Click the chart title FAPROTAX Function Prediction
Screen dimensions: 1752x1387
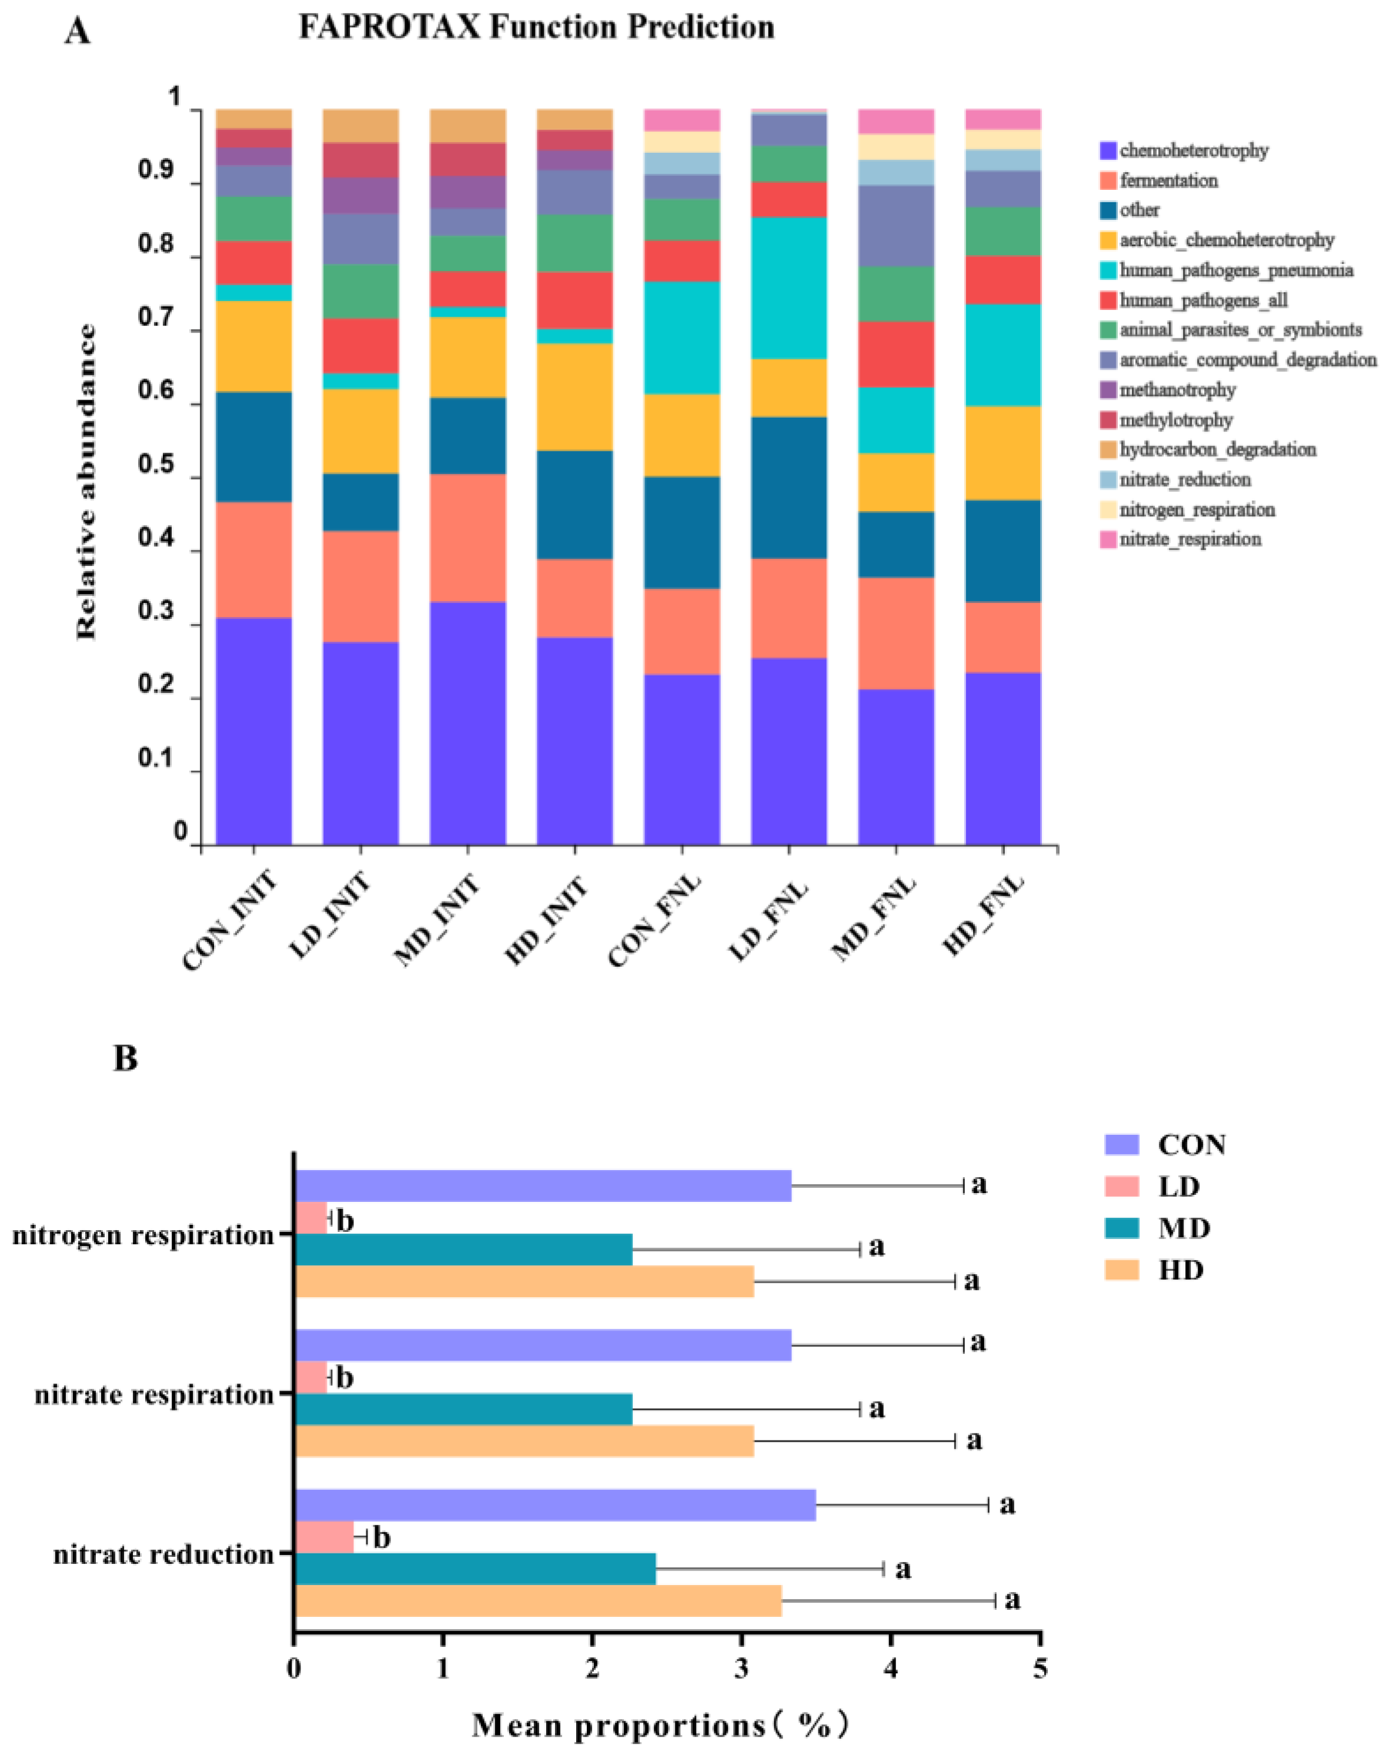pyautogui.click(x=536, y=28)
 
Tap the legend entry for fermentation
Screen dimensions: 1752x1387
pyautogui.click(x=1168, y=180)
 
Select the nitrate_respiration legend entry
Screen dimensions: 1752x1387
pyautogui.click(x=1189, y=539)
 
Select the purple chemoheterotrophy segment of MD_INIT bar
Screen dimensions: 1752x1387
pyautogui.click(x=468, y=722)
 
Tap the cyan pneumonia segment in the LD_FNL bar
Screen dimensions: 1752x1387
pyautogui.click(x=788, y=288)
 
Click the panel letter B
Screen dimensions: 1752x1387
pyautogui.click(x=125, y=1058)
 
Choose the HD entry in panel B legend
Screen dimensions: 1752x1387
pyautogui.click(x=1180, y=1269)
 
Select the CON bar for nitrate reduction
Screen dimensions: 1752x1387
pyautogui.click(x=554, y=1505)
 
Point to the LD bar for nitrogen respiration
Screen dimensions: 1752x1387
pyautogui.click(x=310, y=1218)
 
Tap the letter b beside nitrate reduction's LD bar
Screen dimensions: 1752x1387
pyautogui.click(x=381, y=1537)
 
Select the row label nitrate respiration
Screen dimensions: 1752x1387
pyautogui.click(x=154, y=1395)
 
